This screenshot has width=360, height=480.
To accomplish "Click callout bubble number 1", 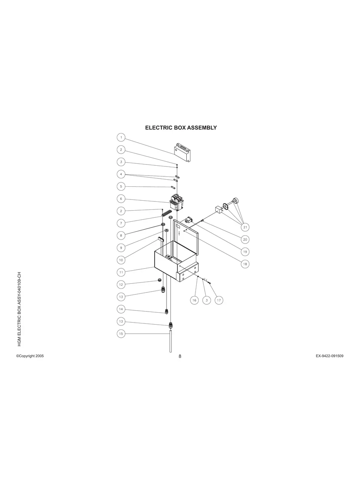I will point(121,137).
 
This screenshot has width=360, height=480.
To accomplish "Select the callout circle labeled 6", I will point(121,198).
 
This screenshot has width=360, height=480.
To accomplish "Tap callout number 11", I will point(121,272).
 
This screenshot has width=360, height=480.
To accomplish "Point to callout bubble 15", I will point(121,334).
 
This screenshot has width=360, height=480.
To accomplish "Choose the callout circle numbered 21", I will point(245,227).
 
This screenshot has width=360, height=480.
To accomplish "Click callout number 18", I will point(245,264).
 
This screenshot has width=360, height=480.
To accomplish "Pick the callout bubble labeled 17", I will point(219,300).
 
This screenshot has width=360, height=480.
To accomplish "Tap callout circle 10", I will point(121,260).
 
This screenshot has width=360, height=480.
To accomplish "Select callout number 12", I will point(121,285).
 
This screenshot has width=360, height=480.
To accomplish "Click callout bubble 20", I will point(245,240).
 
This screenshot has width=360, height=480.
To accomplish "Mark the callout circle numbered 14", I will point(121,309).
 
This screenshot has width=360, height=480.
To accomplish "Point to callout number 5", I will point(121,186).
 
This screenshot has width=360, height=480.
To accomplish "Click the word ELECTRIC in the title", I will point(158,128).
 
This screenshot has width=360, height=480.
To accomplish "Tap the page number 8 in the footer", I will point(180,356).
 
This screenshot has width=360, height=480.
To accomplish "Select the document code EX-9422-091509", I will point(329,356).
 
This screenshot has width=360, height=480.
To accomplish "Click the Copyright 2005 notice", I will point(30,356).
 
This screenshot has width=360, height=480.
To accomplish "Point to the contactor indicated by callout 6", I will point(176,202).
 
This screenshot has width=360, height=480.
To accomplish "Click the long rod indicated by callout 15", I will point(170,342).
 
